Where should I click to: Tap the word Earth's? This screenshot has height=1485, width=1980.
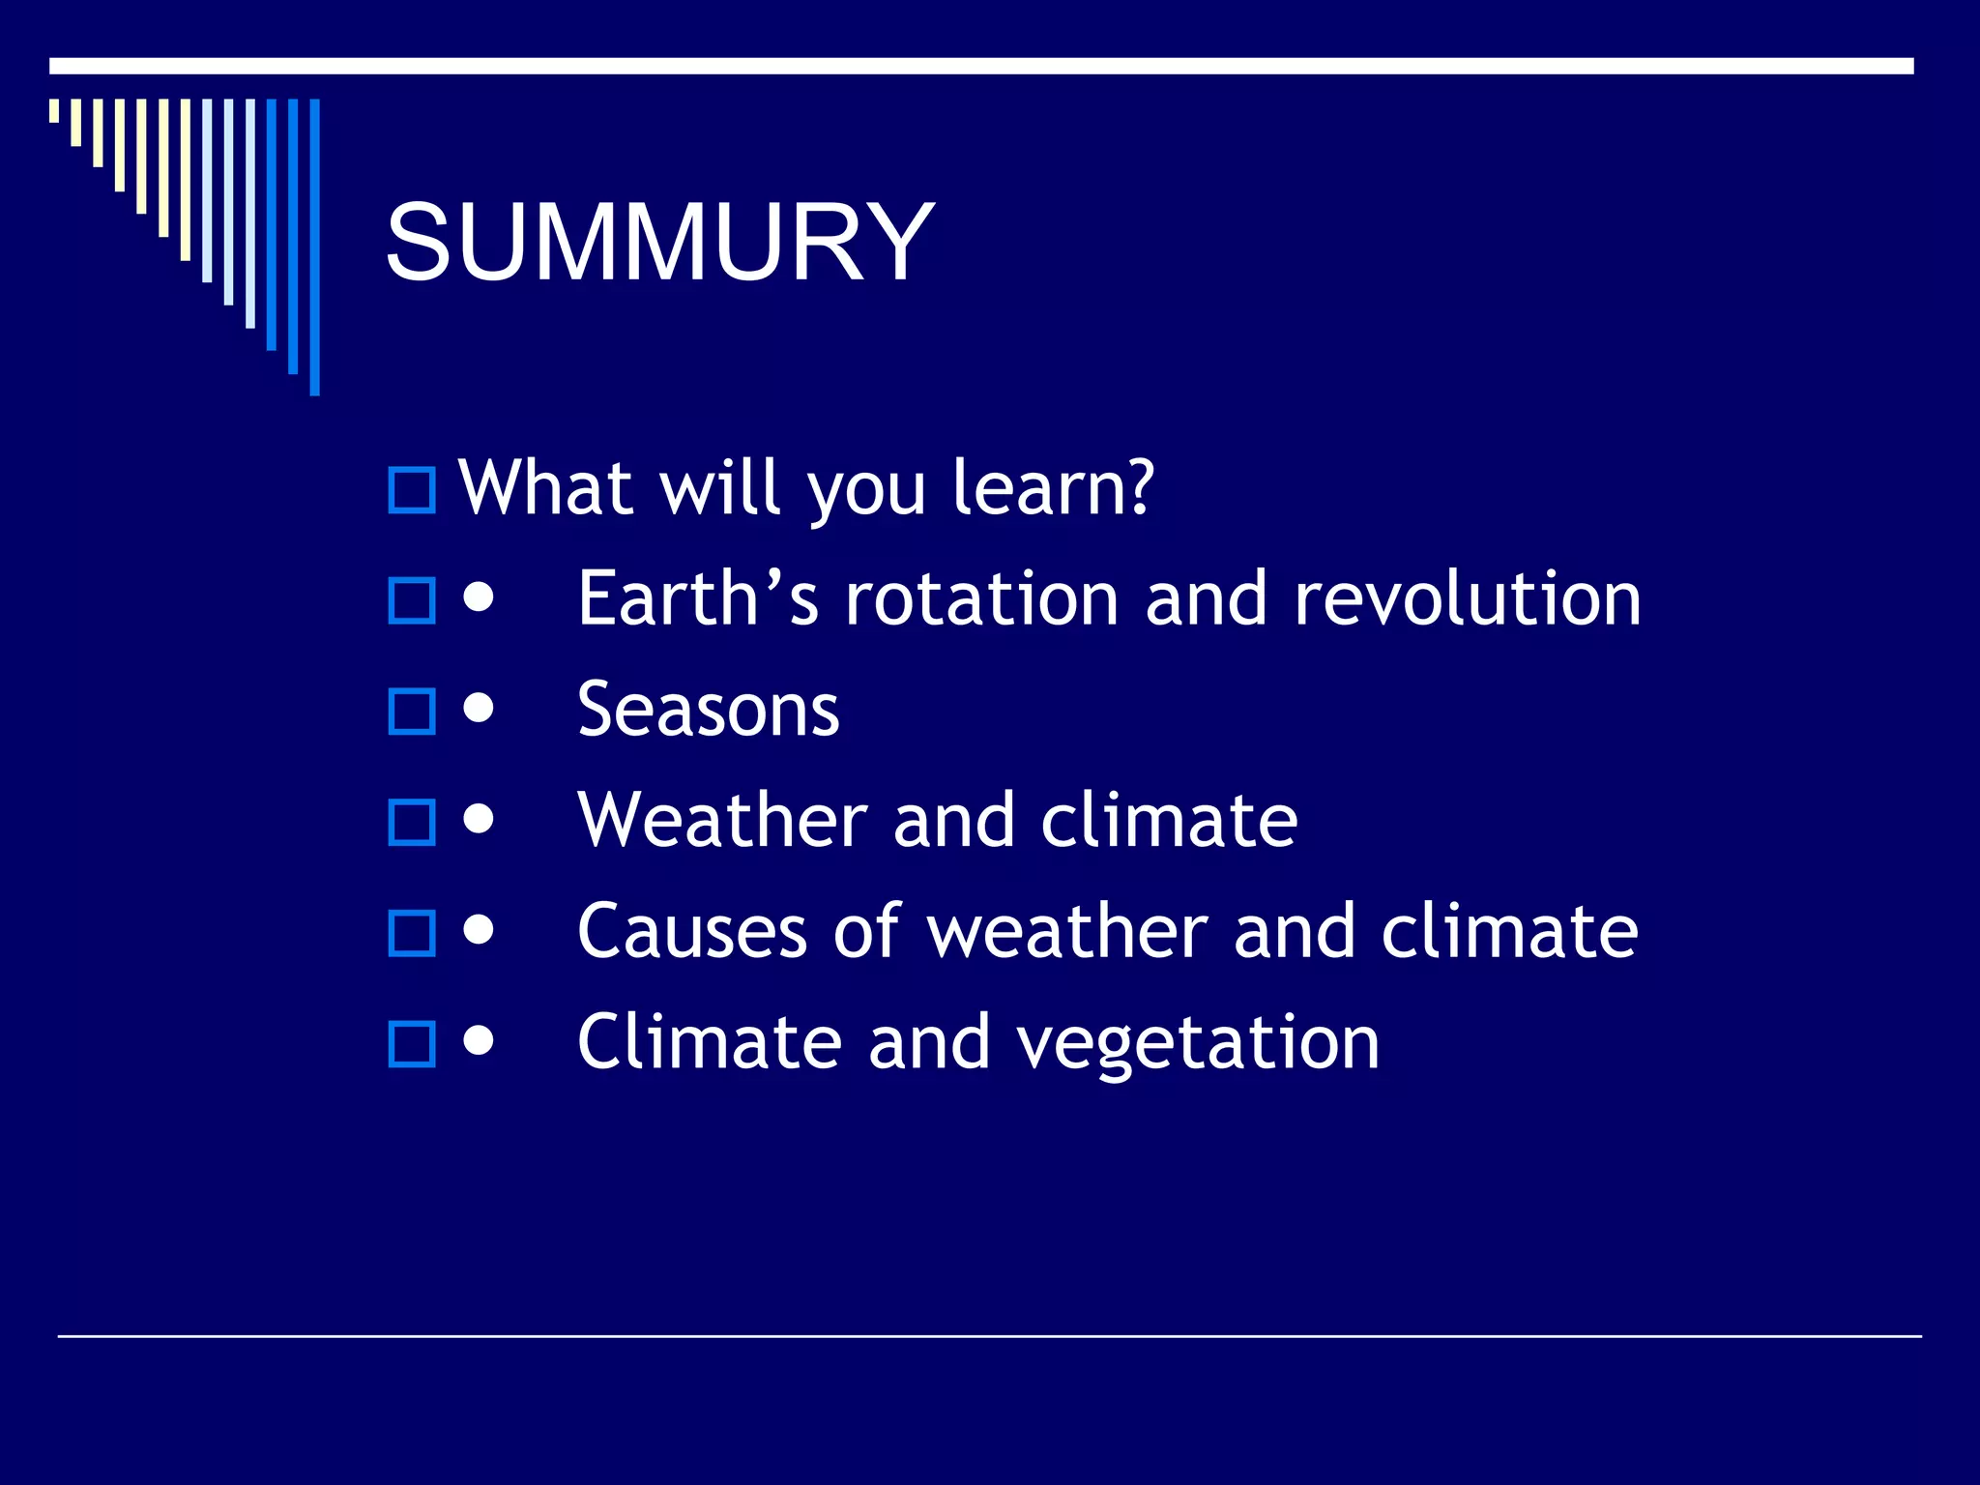pyautogui.click(x=698, y=598)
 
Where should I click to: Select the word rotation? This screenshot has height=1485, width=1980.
pyautogui.click(x=981, y=598)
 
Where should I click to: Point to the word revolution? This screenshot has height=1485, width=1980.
pyautogui.click(x=1467, y=598)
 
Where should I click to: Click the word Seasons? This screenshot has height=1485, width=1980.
pyautogui.click(x=708, y=710)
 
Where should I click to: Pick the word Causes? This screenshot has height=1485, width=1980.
pyautogui.click(x=692, y=932)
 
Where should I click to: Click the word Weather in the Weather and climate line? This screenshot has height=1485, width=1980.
pyautogui.click(x=722, y=821)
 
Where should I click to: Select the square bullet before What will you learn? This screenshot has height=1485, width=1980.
pyautogui.click(x=412, y=490)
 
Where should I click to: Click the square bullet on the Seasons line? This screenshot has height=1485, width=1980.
pyautogui.click(x=412, y=712)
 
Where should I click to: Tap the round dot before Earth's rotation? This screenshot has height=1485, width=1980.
pyautogui.click(x=479, y=597)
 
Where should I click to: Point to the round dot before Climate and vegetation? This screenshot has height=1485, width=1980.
pyautogui.click(x=479, y=1041)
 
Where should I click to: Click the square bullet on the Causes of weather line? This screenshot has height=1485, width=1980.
pyautogui.click(x=412, y=934)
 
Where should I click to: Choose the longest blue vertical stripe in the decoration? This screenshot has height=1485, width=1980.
pyautogui.click(x=314, y=247)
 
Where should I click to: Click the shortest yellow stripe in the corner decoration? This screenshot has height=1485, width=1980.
pyautogui.click(x=54, y=110)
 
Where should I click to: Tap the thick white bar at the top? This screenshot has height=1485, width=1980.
pyautogui.click(x=980, y=66)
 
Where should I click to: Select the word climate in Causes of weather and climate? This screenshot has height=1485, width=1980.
pyautogui.click(x=1509, y=932)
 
